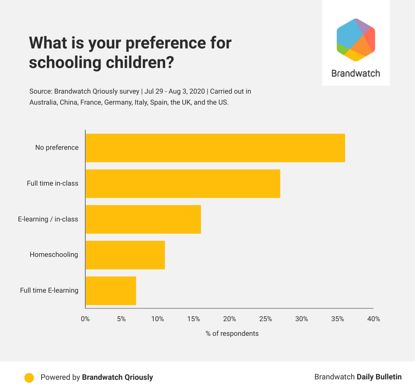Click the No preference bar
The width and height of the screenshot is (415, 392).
pos(215,148)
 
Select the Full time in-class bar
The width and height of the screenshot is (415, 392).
pos(183,184)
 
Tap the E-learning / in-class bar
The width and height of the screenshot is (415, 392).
pos(143,219)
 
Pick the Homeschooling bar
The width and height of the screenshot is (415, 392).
pos(125,255)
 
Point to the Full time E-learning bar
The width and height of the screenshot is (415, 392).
pos(111,291)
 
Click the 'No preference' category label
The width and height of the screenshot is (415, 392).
pos(57,148)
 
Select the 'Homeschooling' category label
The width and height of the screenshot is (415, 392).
pos(54,255)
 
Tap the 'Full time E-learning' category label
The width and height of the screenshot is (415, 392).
pos(49,291)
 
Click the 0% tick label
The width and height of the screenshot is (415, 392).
pos(85,319)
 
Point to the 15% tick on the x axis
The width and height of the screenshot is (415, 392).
pos(194,319)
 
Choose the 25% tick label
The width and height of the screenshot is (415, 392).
pos(265,319)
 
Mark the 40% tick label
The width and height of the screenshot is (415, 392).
pos(373,319)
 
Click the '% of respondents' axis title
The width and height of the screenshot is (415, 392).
pos(232,334)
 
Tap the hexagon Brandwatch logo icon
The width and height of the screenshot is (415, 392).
pos(356,40)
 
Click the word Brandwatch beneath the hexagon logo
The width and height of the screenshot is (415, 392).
pos(356,74)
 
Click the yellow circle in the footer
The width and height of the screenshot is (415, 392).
pos(29,377)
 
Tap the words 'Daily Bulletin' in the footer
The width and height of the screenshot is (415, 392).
pos(379,377)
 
